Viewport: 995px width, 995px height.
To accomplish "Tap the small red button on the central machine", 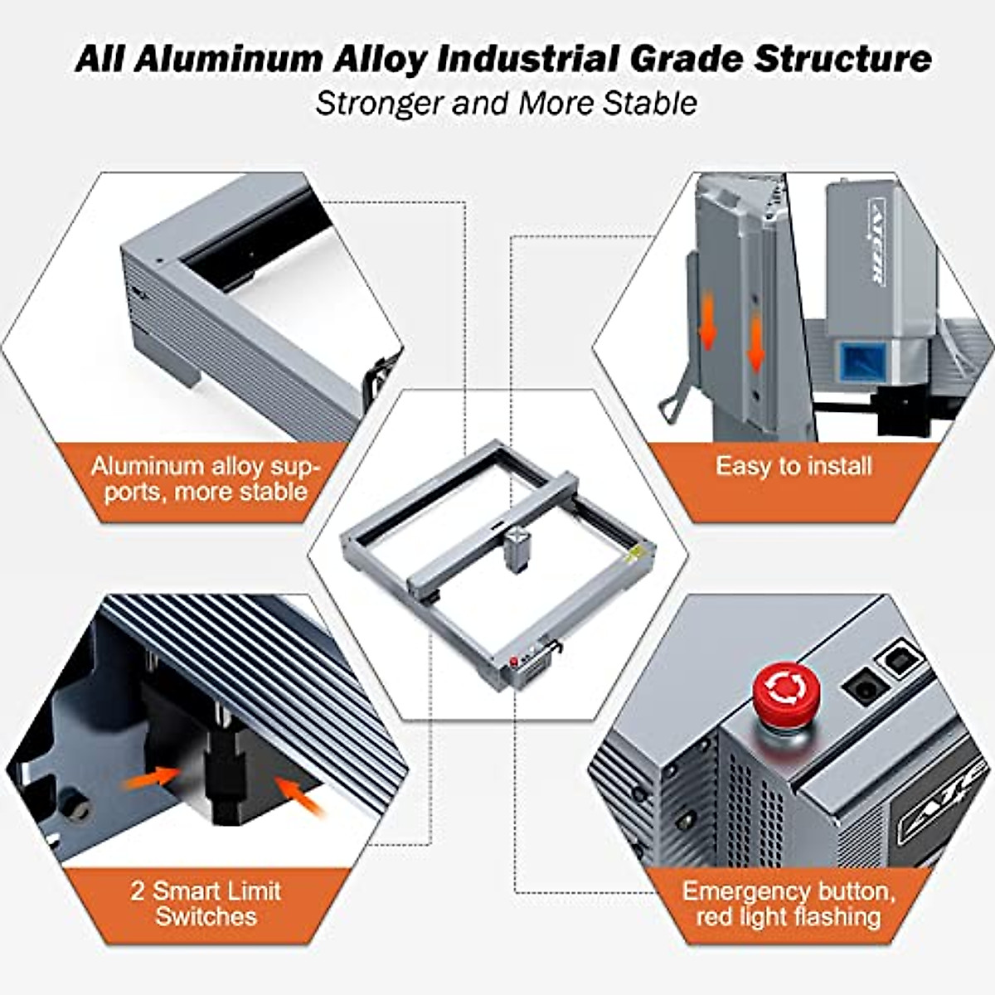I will [515, 661].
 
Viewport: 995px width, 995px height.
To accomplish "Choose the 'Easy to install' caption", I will [794, 466].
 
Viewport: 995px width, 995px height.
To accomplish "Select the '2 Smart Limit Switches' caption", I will [206, 903].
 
